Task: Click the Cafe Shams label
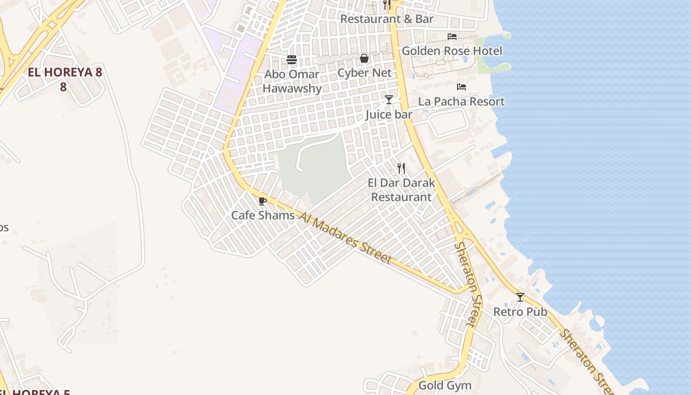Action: click(x=263, y=215)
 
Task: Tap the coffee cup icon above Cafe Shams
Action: click(x=262, y=201)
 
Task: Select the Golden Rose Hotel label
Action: click(x=452, y=51)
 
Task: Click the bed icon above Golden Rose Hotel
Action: click(x=452, y=37)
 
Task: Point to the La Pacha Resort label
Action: click(x=461, y=102)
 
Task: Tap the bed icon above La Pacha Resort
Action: click(x=461, y=87)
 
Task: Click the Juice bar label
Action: click(x=389, y=115)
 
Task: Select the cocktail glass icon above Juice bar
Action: click(x=389, y=100)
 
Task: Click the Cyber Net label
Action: click(x=364, y=73)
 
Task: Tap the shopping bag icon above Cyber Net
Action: click(x=364, y=59)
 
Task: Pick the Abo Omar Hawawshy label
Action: click(x=292, y=81)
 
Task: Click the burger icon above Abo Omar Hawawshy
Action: click(x=292, y=60)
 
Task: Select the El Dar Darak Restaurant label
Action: click(x=401, y=190)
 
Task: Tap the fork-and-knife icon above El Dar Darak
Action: click(x=401, y=168)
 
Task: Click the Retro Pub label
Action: click(x=520, y=312)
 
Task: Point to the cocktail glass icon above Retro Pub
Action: click(x=520, y=297)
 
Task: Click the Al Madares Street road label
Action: click(x=345, y=238)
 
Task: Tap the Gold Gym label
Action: click(x=445, y=385)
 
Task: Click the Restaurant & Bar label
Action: click(x=387, y=19)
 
